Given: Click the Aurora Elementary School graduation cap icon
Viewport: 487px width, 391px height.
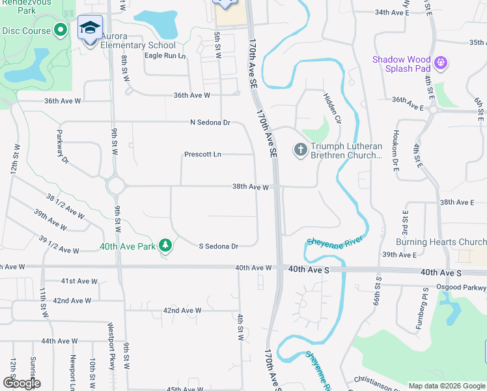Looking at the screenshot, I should pos(90,28).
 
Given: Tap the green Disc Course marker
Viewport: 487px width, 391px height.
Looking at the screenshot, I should pos(61,30).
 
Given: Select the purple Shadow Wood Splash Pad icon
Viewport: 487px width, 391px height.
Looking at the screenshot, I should pos(441,63).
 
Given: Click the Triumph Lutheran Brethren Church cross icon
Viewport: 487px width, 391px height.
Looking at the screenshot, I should pos(301,151).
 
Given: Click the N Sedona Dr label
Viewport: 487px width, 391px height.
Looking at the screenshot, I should pos(210,123).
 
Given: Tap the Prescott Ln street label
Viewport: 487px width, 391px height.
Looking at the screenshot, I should pos(202,154).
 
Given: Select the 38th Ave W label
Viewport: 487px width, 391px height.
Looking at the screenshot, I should pos(251,186).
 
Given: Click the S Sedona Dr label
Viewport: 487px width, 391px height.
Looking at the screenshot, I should pos(218,246).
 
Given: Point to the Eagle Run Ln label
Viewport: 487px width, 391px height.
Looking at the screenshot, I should pos(165,56).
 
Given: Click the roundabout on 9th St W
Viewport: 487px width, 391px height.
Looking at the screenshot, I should pos(117,186).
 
